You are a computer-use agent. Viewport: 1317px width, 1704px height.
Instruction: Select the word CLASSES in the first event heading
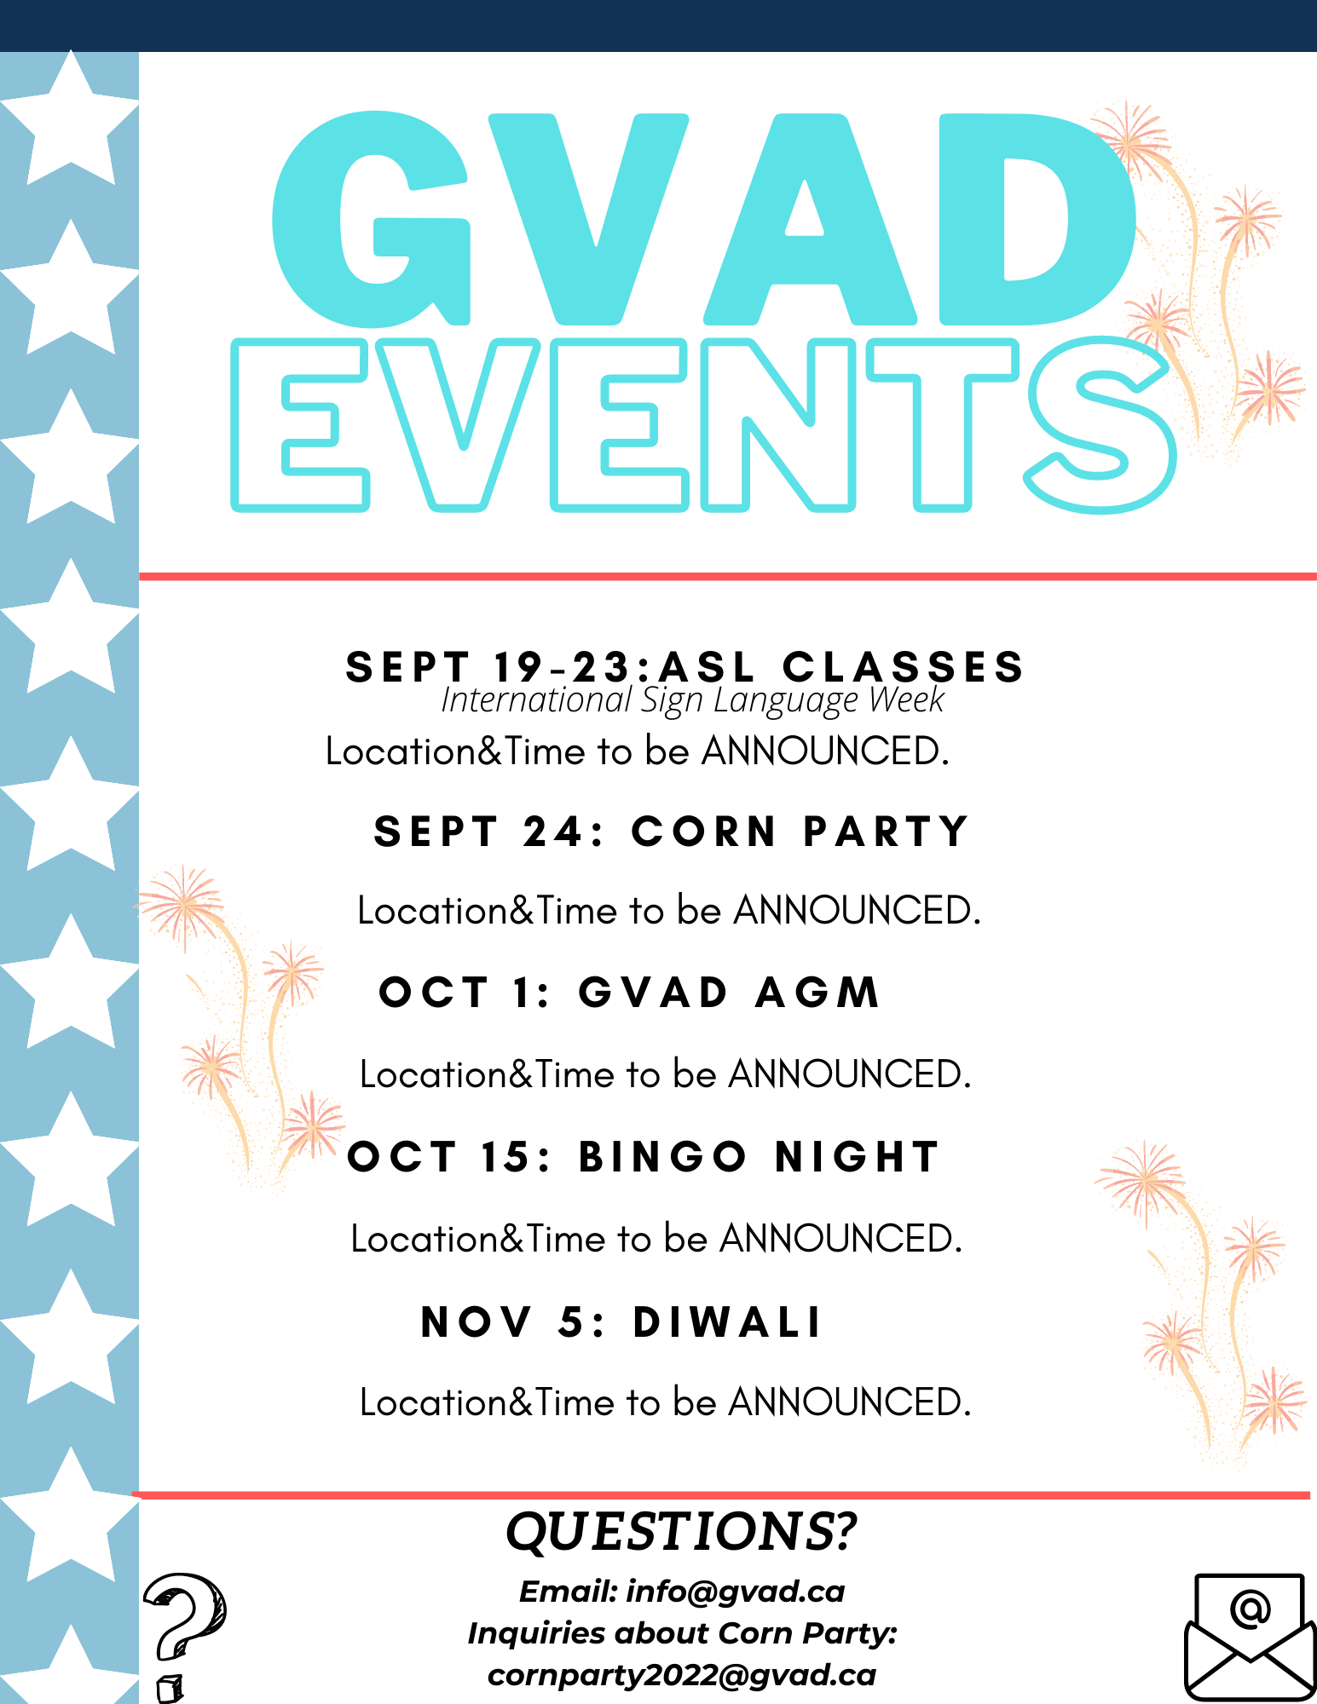(904, 666)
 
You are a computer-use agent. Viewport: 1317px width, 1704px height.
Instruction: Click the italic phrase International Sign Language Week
(692, 700)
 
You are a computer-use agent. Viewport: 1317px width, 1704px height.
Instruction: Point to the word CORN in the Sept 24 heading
(704, 832)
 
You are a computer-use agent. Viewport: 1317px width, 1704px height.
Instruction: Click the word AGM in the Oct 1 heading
(817, 993)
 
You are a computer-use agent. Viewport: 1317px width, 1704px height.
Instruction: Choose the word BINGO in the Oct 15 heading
(663, 1157)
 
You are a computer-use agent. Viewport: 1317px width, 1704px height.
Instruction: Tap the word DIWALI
(727, 1322)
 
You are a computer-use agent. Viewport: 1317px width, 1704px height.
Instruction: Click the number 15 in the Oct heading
(508, 1157)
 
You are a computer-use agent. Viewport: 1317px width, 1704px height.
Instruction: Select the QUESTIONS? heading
(681, 1532)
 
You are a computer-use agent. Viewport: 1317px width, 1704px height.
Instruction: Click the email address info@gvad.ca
(736, 1592)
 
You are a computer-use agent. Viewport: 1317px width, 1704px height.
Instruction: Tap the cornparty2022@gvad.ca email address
(682, 1675)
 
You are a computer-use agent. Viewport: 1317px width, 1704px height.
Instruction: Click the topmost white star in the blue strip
(70, 119)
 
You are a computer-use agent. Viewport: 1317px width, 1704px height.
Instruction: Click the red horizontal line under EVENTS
(728, 577)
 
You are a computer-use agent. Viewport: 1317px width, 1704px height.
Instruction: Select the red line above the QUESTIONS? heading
(721, 1495)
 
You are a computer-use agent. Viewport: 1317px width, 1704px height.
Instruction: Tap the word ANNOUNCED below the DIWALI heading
(849, 1402)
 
